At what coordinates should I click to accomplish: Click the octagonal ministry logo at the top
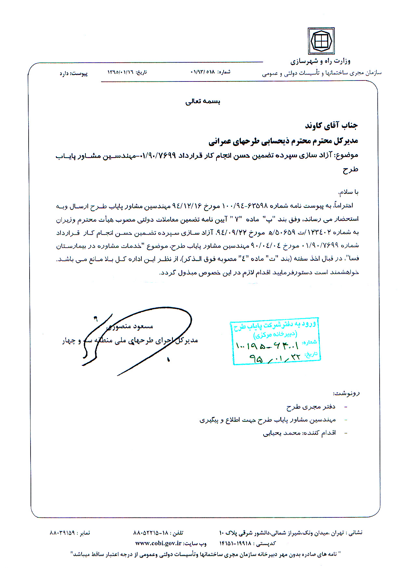[321, 41]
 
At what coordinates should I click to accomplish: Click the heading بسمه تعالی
[203, 102]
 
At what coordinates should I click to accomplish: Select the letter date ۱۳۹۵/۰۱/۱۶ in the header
[121, 72]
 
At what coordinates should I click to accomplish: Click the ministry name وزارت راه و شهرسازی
[320, 61]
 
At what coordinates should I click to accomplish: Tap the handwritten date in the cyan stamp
[275, 358]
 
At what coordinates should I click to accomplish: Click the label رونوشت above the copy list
[346, 393]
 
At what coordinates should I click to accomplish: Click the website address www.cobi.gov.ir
[158, 543]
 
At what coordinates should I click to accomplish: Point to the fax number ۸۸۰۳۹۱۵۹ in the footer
[62, 533]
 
